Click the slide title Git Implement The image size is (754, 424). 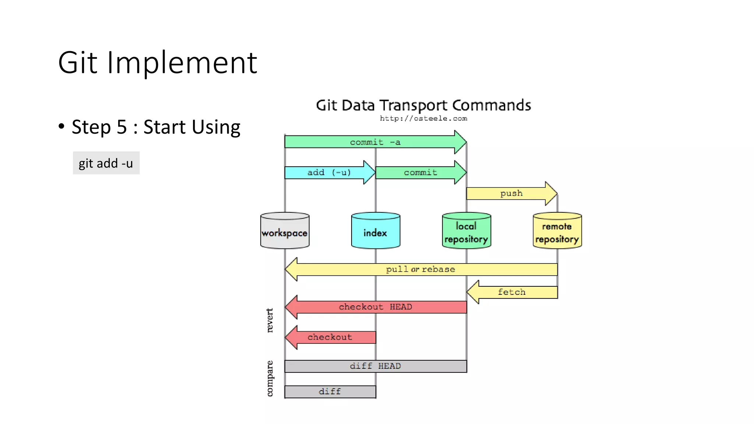point(158,63)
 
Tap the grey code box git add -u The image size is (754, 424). point(106,163)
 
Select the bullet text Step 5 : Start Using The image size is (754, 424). point(156,127)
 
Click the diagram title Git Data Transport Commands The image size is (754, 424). point(423,105)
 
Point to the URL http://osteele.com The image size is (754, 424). point(423,119)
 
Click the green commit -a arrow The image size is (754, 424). point(375,142)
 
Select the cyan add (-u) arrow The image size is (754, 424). point(329,172)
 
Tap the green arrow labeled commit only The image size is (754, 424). point(420,172)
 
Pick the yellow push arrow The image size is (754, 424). point(511,193)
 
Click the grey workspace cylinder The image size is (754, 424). point(285,231)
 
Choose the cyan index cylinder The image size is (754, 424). point(376,231)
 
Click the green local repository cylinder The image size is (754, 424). point(466,231)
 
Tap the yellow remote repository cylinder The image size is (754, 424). point(557,231)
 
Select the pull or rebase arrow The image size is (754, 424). point(420,269)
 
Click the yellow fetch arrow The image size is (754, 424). point(512,292)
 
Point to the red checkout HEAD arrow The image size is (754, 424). point(376,307)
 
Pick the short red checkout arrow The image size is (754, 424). point(330,337)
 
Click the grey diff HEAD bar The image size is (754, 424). point(376,366)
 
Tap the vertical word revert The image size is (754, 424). point(270,321)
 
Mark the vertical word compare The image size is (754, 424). point(270,378)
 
